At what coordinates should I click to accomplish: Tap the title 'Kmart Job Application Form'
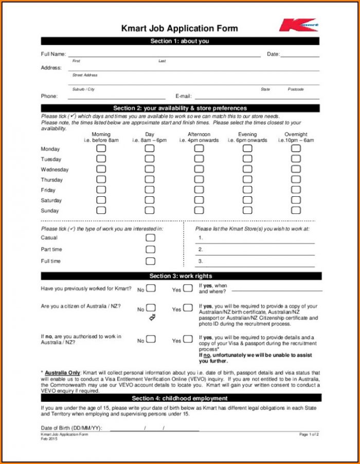tap(179, 28)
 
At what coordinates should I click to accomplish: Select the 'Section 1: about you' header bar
tap(180, 41)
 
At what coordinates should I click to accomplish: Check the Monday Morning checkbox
tap(101, 149)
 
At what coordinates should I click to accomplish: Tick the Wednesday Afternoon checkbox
tap(199, 169)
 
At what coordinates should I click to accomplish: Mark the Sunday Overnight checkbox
tap(296, 210)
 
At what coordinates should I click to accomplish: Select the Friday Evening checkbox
tap(247, 190)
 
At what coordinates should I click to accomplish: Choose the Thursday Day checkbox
tap(149, 179)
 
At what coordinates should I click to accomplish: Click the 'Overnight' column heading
tap(296, 135)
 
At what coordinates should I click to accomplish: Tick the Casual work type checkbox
tap(150, 237)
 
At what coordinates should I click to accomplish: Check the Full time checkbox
tap(150, 261)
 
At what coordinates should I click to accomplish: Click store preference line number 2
tap(257, 250)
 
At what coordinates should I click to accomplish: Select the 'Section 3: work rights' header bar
tap(180, 276)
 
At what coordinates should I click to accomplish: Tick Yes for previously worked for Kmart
tap(188, 288)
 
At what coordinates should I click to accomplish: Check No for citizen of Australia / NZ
tap(151, 308)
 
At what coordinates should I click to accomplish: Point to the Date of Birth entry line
tap(154, 429)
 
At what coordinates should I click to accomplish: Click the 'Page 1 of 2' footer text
tap(309, 435)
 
